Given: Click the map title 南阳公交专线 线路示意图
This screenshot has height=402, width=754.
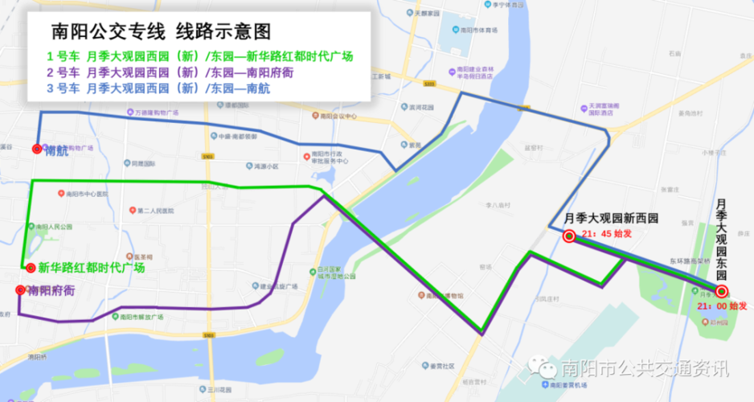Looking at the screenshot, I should (x=161, y=31).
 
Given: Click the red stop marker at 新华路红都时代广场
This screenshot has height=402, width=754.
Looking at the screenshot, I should (x=30, y=268).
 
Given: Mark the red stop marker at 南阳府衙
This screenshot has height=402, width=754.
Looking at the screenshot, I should (x=21, y=290).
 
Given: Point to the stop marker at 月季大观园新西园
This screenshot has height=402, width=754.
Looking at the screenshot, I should (x=568, y=236).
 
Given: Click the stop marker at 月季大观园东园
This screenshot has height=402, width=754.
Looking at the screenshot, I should (x=721, y=292).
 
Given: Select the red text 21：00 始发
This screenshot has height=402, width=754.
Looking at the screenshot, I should (x=723, y=306).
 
